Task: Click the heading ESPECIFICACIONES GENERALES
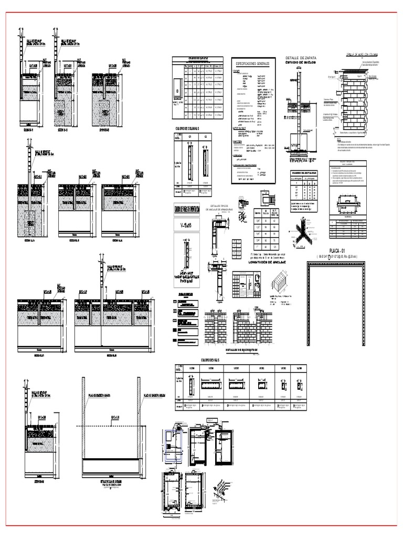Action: point(252,63)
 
